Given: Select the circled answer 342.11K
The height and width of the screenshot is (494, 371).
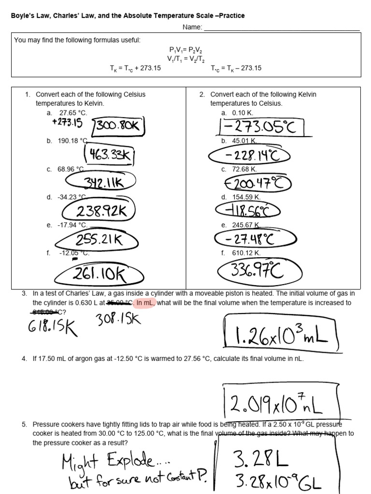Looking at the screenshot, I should point(102,183).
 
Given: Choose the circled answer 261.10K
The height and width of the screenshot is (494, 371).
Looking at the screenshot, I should point(99,275).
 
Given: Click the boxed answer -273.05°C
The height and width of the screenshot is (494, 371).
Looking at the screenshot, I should point(261,128).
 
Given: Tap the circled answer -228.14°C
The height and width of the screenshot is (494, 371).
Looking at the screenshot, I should point(250,156).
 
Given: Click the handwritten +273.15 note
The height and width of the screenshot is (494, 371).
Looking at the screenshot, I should point(67,123).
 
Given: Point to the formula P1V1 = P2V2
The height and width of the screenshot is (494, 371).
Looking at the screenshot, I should point(186,50).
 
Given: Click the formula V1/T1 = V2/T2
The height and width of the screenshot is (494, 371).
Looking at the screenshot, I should point(186,58).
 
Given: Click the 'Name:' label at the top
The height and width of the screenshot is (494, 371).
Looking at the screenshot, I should point(192,27).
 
